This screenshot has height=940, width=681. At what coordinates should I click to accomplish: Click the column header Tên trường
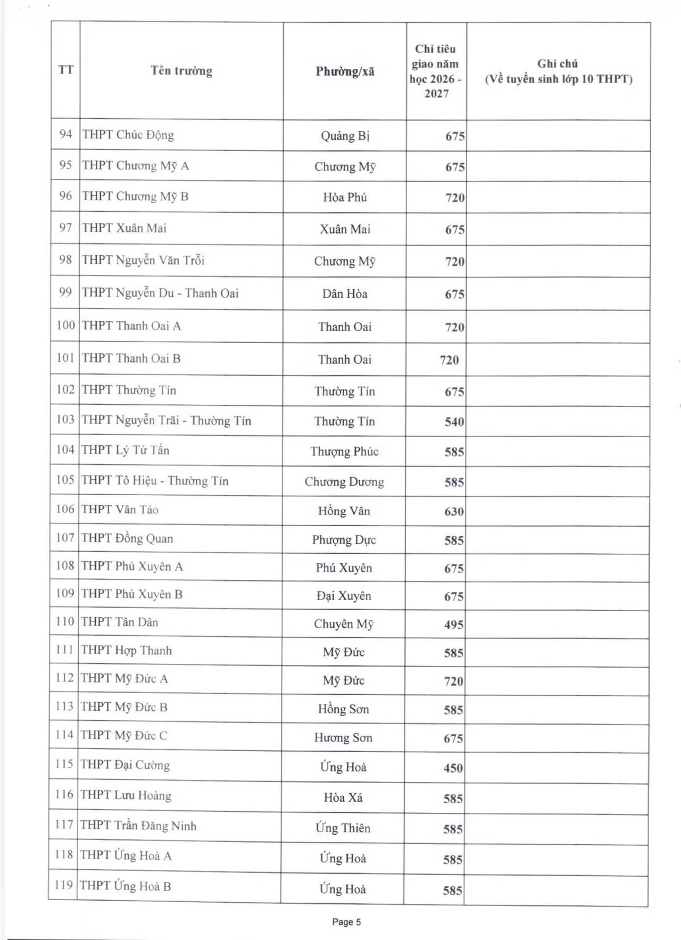tap(181, 71)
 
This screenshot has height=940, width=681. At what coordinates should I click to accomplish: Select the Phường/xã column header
tap(345, 71)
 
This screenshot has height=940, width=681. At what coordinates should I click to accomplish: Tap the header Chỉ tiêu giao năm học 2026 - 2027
tap(436, 71)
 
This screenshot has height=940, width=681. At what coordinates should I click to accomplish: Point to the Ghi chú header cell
tap(558, 71)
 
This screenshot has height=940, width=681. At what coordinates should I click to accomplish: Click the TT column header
tap(65, 70)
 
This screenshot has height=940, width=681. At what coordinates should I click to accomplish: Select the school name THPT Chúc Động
tap(128, 135)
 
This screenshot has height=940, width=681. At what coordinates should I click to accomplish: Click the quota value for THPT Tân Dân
tap(454, 625)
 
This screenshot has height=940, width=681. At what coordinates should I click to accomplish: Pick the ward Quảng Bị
tap(345, 136)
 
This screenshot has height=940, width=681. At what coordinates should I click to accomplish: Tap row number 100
tap(66, 325)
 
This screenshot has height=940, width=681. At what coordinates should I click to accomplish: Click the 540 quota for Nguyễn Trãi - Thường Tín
tap(454, 422)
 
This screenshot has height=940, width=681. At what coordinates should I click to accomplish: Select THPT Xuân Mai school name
tap(124, 228)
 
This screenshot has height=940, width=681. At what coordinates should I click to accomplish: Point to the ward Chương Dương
tap(344, 482)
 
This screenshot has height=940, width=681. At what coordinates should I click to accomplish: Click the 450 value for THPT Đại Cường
tap(453, 768)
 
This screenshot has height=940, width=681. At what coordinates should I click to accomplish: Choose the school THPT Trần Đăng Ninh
tap(138, 826)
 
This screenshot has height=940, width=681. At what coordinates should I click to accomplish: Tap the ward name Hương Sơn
tap(343, 738)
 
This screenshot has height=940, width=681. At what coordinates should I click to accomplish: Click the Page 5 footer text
tap(346, 922)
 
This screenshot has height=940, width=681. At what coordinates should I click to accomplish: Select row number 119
tap(63, 885)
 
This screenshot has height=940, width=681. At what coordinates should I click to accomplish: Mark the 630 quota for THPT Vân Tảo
tap(454, 512)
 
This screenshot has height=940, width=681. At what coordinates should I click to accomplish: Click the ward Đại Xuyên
tap(344, 596)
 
